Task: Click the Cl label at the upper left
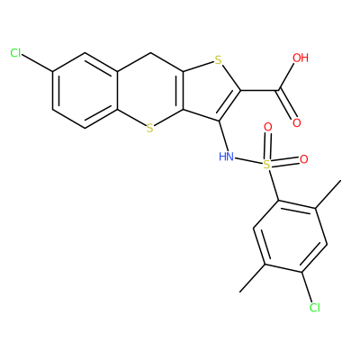[x=15, y=53]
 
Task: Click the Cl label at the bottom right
[x=315, y=307]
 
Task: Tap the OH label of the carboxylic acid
[x=301, y=58]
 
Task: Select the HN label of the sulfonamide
[x=226, y=157]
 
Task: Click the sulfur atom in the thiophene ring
[x=219, y=61]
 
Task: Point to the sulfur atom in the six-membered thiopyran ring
[x=150, y=129]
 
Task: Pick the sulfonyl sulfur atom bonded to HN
[x=266, y=164]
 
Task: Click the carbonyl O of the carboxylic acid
[x=297, y=122]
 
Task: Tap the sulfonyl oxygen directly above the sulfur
[x=268, y=127]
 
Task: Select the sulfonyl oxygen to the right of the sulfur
[x=304, y=159]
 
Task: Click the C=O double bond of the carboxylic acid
[x=287, y=104]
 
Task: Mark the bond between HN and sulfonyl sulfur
[x=247, y=160]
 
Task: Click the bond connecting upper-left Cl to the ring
[x=37, y=63]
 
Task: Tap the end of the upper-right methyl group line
[x=341, y=181]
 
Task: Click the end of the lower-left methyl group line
[x=240, y=292]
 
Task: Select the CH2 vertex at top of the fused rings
[x=150, y=53]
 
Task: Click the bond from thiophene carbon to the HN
[x=223, y=136]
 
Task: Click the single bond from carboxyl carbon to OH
[x=287, y=76]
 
